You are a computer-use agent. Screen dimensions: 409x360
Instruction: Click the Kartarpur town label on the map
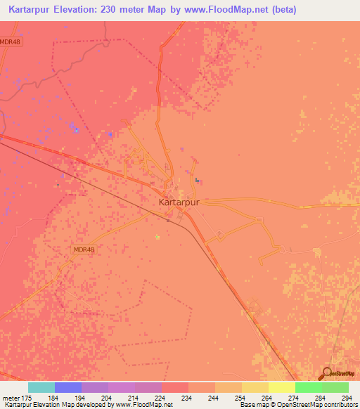[x=179, y=202]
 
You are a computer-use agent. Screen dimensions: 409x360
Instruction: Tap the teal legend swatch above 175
[x=41, y=387]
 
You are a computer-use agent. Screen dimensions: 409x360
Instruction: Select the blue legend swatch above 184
[x=68, y=387]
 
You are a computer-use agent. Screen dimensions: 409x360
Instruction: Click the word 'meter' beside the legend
[x=12, y=398]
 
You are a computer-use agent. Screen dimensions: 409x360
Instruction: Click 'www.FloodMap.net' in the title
[x=215, y=10]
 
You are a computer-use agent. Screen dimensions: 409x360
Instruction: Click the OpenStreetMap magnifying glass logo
[x=326, y=374]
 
